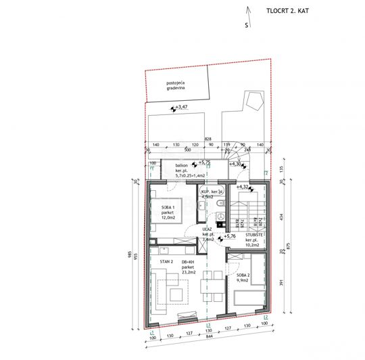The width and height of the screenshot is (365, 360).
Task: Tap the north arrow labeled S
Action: click(247, 26)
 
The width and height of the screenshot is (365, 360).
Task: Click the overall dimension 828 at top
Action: click(208, 137)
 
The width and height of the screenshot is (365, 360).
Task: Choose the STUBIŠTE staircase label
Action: click(255, 238)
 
